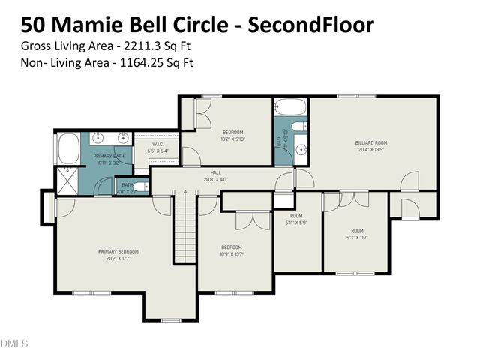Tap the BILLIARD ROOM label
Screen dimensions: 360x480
(370, 142)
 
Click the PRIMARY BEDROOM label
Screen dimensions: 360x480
(118, 251)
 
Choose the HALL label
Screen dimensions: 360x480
(215, 172)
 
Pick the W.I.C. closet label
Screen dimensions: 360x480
(158, 144)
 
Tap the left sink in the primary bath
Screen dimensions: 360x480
(96, 138)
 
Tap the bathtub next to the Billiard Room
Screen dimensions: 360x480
(290, 107)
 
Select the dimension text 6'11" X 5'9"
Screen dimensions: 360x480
(296, 223)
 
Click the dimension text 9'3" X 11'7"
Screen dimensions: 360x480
(356, 238)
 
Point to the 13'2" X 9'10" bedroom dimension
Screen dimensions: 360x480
(232, 139)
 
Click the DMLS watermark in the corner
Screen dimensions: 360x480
(14, 344)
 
